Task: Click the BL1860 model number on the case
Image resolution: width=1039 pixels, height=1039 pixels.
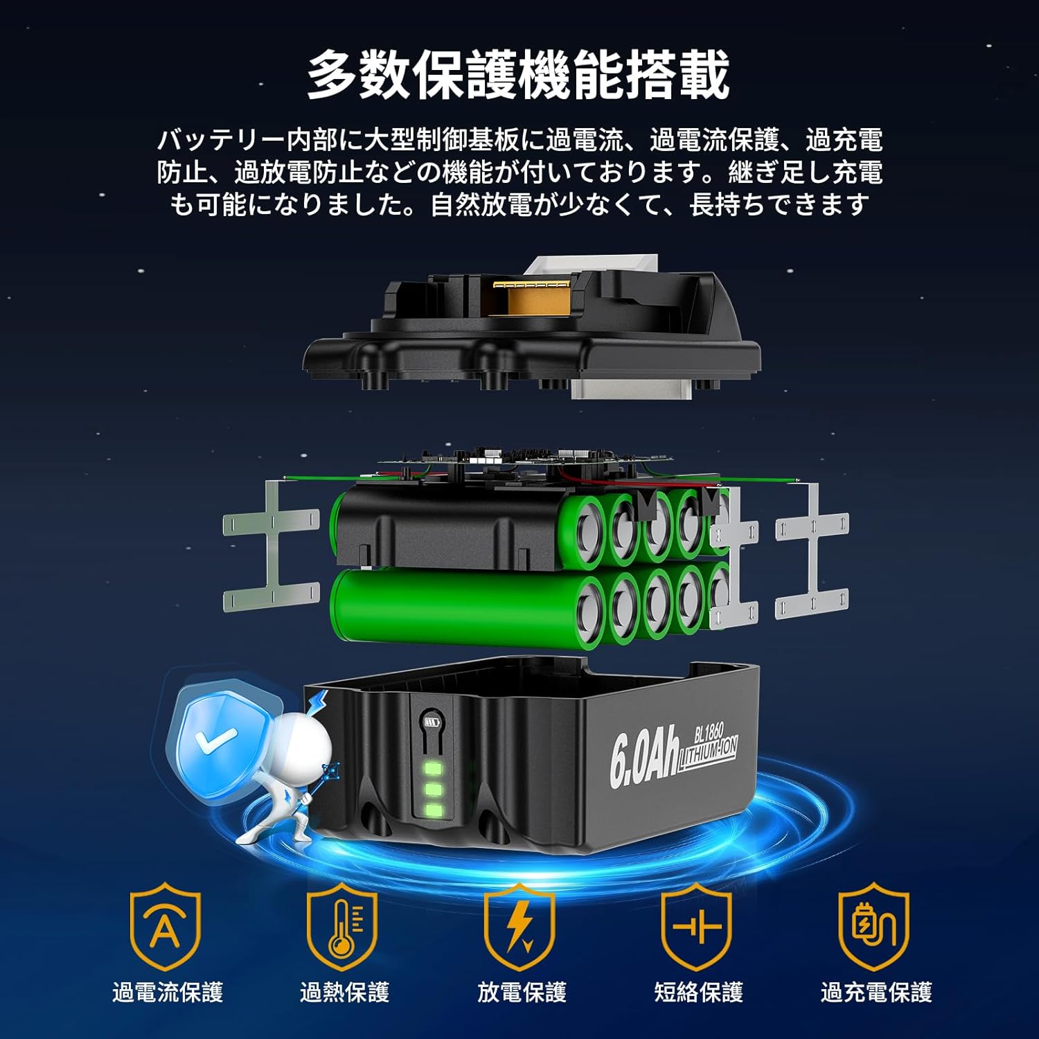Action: click(709, 731)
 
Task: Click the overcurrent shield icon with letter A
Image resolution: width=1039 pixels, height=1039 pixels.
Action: click(166, 925)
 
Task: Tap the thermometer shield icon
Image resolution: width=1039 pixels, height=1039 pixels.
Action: click(343, 925)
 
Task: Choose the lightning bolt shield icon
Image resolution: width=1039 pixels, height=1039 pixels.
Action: click(520, 925)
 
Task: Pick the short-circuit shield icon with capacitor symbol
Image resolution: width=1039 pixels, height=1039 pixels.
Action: click(697, 925)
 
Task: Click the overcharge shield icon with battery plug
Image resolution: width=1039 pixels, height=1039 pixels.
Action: click(874, 925)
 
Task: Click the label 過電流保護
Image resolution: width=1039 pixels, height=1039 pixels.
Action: click(168, 992)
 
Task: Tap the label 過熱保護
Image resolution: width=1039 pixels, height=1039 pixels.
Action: click(344, 992)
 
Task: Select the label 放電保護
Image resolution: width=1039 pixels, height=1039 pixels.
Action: click(522, 992)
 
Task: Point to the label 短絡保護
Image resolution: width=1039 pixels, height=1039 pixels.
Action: click(698, 992)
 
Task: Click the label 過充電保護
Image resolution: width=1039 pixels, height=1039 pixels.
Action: click(876, 992)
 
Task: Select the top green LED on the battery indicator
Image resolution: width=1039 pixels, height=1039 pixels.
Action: click(434, 768)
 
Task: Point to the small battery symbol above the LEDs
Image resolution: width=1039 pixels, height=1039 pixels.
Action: click(431, 722)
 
